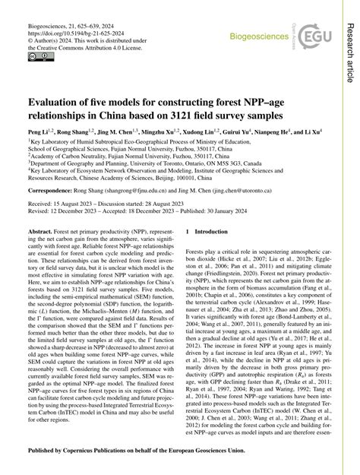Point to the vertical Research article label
[x=350, y=45]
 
